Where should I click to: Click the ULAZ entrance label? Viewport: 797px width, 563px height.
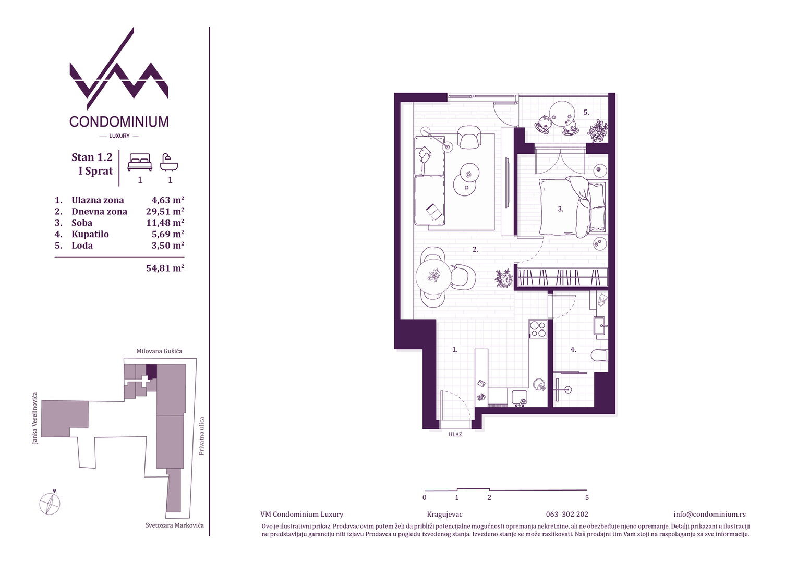455,435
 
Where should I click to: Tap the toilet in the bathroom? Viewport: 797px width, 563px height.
599,356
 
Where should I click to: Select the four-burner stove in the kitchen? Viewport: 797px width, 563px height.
538,328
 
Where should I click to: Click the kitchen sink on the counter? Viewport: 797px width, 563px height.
520,398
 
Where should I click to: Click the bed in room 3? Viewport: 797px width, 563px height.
573,207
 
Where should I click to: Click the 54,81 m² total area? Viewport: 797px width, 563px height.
165,268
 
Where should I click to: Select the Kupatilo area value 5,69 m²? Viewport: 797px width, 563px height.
167,234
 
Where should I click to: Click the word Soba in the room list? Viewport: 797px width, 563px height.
82,223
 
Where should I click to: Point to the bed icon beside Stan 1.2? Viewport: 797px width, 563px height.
140,162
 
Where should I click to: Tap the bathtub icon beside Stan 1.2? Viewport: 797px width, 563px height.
169,162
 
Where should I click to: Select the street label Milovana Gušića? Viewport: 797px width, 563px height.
159,351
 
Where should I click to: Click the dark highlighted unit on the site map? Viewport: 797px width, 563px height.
152,371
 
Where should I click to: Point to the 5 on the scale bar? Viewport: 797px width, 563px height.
587,497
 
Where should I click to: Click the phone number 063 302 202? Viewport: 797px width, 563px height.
567,515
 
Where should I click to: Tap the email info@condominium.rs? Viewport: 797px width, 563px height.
709,515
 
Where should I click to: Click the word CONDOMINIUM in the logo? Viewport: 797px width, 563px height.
119,121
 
